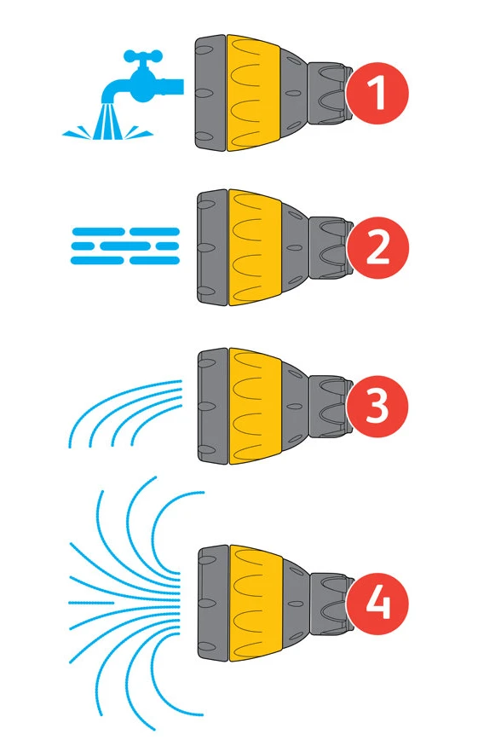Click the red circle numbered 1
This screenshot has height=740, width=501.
(x=377, y=93)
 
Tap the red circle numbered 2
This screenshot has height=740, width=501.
(x=377, y=248)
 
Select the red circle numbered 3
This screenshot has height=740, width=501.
(x=377, y=406)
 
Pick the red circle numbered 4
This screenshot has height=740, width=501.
(x=377, y=604)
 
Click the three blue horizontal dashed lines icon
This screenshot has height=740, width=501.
(x=125, y=246)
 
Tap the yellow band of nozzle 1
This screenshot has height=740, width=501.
(x=253, y=93)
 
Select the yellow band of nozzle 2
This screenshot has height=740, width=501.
(x=255, y=248)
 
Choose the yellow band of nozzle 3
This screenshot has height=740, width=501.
(x=255, y=406)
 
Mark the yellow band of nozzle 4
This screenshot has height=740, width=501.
(x=256, y=603)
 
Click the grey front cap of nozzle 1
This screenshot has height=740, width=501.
(x=210, y=92)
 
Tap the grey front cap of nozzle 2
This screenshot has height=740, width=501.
(x=212, y=248)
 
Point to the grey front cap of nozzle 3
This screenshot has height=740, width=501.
(x=212, y=406)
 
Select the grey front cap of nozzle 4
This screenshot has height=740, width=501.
(x=213, y=603)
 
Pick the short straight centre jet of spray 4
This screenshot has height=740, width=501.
(x=91, y=603)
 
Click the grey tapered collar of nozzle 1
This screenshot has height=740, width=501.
(x=294, y=93)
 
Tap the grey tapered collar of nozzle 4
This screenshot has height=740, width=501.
(x=297, y=603)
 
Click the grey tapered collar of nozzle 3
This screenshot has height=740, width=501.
(x=295, y=406)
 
